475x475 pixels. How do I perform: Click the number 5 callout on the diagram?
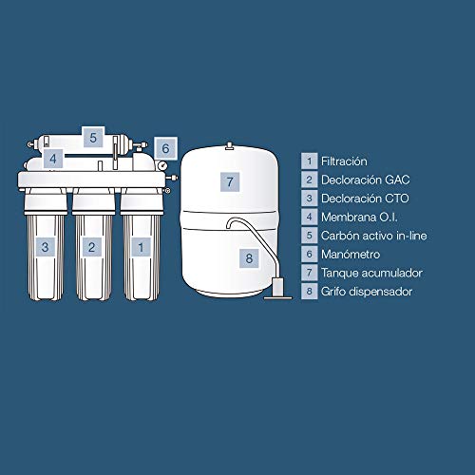click(x=93, y=138)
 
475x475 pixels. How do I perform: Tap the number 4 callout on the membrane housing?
click(x=53, y=159)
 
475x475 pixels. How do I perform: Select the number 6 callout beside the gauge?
click(x=165, y=148)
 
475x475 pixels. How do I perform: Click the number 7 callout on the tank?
click(x=230, y=182)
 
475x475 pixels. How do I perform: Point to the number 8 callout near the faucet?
click(x=249, y=258)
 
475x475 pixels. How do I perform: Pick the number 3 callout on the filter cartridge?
click(x=45, y=247)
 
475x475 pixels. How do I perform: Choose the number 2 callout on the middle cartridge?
click(x=92, y=247)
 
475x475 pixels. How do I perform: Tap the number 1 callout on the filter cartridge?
click(x=141, y=247)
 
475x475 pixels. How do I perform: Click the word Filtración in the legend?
click(x=344, y=161)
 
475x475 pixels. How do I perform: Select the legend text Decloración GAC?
click(x=366, y=180)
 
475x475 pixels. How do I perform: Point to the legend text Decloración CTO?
click(x=365, y=199)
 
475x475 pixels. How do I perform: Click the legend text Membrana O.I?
click(x=359, y=218)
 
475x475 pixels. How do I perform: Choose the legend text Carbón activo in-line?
click(x=374, y=236)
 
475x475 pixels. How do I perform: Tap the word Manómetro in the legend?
click(x=351, y=255)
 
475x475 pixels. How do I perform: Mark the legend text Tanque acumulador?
click(x=371, y=273)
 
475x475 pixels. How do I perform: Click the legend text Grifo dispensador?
click(x=367, y=292)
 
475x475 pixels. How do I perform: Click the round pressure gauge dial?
click(x=161, y=165)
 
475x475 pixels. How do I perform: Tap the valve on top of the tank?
click(x=230, y=145)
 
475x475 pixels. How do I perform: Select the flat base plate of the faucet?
click(x=278, y=297)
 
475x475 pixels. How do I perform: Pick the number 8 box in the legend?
click(x=310, y=292)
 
